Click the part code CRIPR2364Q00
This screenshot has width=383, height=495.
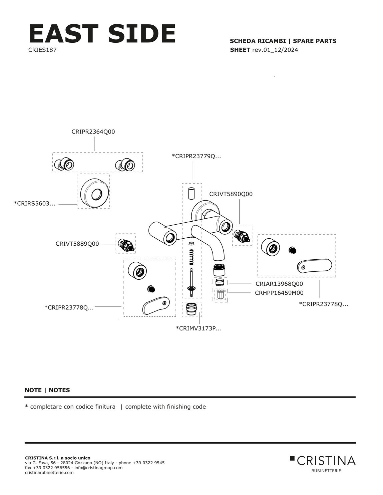[x=93, y=132]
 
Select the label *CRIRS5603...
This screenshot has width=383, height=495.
[x=34, y=203]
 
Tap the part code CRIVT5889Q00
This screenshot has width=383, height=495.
[x=77, y=244]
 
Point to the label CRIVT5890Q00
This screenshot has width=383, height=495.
[x=231, y=194]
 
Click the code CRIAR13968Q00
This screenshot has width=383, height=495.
[x=279, y=284]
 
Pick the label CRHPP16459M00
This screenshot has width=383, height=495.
[x=279, y=293]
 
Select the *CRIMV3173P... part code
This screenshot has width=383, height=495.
[x=199, y=329]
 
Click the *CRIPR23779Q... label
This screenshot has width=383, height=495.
[x=196, y=156]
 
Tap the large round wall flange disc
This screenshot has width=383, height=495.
[x=95, y=193]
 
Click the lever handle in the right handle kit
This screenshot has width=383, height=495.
[x=314, y=266]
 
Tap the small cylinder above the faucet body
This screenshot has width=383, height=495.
[x=191, y=194]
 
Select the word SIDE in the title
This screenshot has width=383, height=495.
[x=142, y=34]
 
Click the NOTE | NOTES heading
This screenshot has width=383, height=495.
[x=47, y=390]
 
